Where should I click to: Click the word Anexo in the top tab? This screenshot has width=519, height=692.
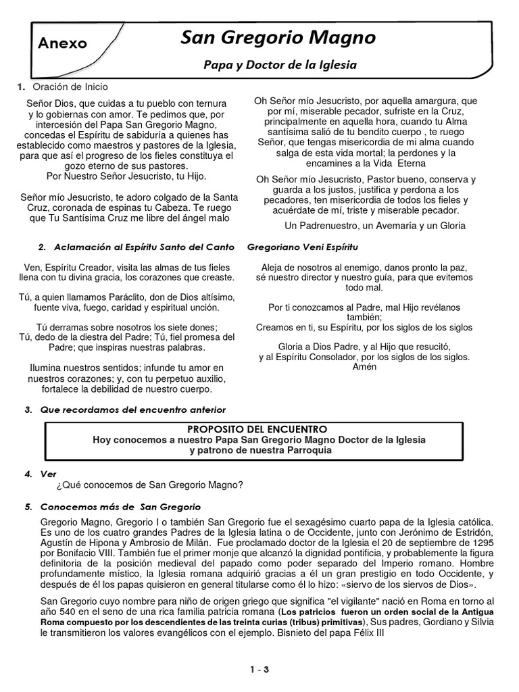point(63,43)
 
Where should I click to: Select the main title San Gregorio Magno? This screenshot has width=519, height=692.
point(278,38)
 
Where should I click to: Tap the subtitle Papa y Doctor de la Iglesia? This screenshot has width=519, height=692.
point(280,65)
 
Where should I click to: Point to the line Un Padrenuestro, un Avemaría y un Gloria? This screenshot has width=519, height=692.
point(375,225)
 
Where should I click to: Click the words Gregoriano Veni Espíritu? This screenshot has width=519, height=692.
point(302,247)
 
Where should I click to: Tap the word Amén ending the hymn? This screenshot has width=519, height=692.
point(364,367)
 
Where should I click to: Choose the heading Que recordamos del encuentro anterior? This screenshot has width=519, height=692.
point(133,410)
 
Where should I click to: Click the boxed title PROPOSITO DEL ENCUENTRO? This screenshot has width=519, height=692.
point(257,429)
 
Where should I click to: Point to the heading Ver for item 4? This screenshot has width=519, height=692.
point(49,474)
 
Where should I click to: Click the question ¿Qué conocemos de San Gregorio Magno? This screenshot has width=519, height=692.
point(150,485)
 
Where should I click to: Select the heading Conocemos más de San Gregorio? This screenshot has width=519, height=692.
point(121,506)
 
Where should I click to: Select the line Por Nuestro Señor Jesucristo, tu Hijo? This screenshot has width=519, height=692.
point(128,176)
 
